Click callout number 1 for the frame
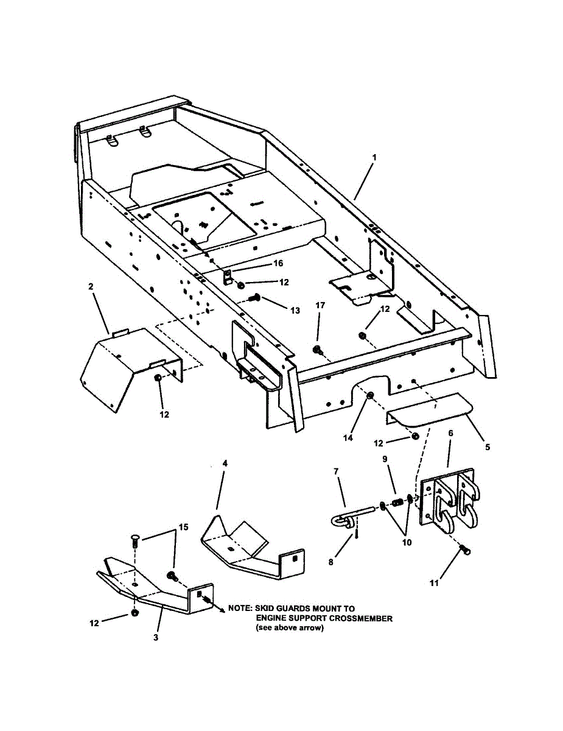tap(374, 157)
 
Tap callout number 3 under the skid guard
tap(156, 637)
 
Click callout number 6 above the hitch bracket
tap(450, 433)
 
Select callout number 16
tap(278, 263)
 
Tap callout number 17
tap(320, 304)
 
